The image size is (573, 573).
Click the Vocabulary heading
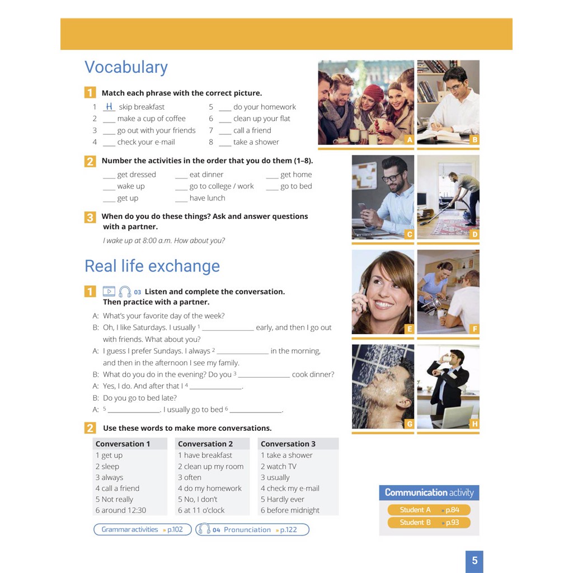[126, 68]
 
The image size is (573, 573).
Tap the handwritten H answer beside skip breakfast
[109, 106]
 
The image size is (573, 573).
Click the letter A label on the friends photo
[409, 139]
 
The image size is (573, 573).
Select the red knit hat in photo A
[373, 93]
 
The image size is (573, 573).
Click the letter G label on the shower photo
[409, 424]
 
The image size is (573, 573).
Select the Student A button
[429, 510]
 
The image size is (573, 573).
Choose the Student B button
[429, 523]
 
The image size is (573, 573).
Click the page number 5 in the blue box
[475, 561]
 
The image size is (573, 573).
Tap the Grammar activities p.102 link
[143, 529]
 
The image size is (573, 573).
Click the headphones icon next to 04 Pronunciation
[204, 529]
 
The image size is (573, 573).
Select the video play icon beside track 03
[109, 291]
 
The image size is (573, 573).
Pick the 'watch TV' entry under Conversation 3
[279, 466]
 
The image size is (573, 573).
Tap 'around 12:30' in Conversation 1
[121, 510]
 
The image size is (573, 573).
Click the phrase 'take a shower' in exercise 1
[256, 142]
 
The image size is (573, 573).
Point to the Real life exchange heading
[152, 266]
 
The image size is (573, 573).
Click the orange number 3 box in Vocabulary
[90, 218]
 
